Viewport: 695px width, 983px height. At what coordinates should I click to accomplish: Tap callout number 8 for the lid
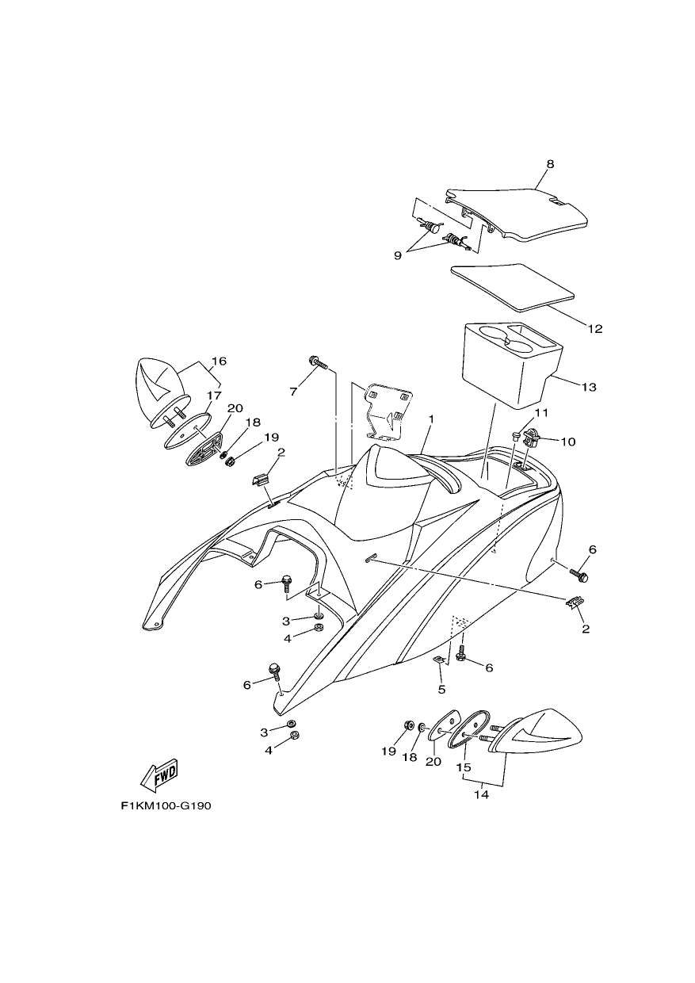(550, 164)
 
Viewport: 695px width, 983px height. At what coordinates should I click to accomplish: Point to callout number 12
(595, 329)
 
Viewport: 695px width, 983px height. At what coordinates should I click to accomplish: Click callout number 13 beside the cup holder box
(590, 387)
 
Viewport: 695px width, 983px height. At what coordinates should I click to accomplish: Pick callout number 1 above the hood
(431, 419)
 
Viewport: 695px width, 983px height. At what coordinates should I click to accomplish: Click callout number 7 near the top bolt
(293, 391)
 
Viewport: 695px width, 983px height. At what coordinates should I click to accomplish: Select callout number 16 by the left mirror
(219, 361)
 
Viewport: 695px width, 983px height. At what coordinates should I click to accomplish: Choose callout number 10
(567, 442)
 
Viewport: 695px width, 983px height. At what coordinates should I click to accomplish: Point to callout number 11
(541, 413)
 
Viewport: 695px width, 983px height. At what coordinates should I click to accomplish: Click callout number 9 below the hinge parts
(398, 256)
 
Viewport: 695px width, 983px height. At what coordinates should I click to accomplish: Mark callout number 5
(441, 690)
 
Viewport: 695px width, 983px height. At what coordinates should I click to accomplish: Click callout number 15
(464, 767)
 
